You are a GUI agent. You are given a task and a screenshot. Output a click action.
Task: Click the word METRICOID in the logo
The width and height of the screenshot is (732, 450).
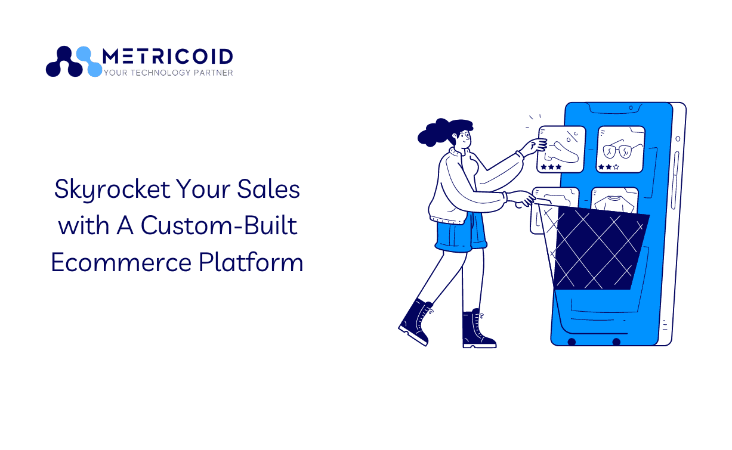[168, 57]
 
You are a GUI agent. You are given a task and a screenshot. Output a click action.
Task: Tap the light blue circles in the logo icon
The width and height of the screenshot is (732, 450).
[90, 62]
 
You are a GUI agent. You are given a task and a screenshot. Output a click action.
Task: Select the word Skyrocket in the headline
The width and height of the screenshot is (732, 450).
[112, 190]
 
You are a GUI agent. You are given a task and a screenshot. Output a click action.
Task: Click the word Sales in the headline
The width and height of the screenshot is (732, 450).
[268, 189]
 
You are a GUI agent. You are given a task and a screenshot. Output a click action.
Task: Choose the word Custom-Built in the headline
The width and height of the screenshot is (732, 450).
[219, 225]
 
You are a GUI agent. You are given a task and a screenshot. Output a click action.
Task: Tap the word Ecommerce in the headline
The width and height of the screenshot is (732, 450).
[121, 262]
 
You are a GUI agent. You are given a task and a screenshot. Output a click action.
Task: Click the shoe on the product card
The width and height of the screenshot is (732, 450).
[561, 153]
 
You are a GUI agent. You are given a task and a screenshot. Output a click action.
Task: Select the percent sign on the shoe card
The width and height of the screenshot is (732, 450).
[572, 136]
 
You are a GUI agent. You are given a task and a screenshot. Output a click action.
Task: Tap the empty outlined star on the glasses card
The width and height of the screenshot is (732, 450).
[616, 167]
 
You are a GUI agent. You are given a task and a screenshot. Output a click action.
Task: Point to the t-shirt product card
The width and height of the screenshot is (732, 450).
[614, 200]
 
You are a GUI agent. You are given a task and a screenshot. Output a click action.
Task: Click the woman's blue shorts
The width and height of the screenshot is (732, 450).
[461, 232]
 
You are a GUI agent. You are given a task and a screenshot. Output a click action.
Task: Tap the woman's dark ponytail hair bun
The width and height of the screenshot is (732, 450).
[432, 132]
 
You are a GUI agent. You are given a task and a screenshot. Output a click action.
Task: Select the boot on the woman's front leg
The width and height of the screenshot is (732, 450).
[478, 329]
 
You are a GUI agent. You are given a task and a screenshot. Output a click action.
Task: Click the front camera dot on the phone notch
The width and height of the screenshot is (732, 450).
[631, 108]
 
